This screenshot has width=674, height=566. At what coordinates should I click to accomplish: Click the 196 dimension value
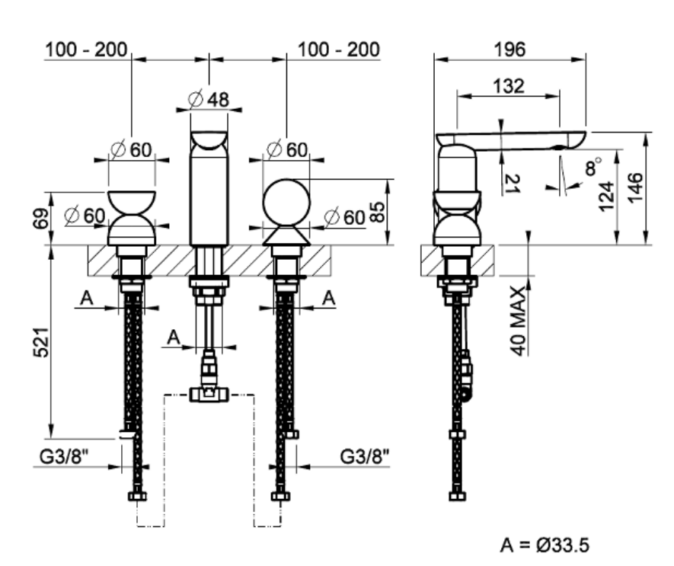509,50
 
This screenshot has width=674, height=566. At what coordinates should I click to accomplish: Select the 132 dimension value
509,86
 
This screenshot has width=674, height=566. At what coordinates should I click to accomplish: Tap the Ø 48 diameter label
208,99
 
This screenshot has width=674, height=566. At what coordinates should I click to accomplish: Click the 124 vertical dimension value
606,195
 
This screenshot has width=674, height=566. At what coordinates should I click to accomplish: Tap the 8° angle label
593,166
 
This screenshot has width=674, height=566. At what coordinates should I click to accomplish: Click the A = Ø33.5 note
545,545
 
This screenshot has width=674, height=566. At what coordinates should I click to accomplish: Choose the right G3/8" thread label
364,458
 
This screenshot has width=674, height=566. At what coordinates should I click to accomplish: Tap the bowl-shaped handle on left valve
132,202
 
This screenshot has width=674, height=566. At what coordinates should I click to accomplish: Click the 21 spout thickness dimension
513,183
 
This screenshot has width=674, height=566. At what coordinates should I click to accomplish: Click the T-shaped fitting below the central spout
208,393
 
